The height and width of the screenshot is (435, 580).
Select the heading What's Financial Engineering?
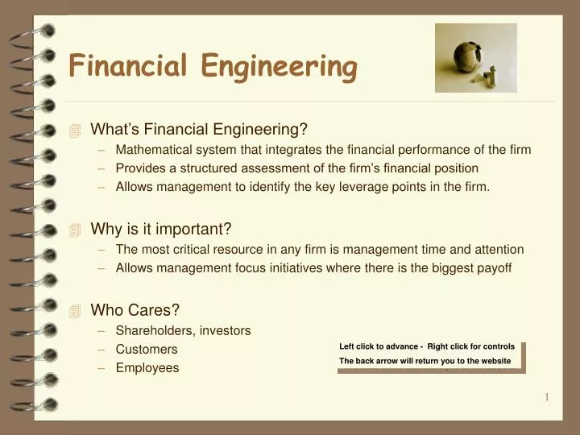coord(199,129)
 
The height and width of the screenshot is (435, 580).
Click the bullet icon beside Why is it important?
coord(76,230)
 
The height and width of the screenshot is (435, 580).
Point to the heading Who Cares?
coord(135,310)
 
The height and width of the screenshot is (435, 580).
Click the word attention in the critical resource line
coord(498,249)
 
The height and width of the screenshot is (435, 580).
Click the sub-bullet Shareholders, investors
coord(183,330)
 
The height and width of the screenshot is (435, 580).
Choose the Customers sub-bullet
coord(147,350)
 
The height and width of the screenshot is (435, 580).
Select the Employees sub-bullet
coord(147,368)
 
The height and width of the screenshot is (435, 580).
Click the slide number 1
coord(547,397)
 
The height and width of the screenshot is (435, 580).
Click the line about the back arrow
coord(425,361)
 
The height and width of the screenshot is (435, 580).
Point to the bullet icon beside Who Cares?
coord(76,311)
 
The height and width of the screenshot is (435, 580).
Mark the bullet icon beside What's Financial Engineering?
coord(76,130)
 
